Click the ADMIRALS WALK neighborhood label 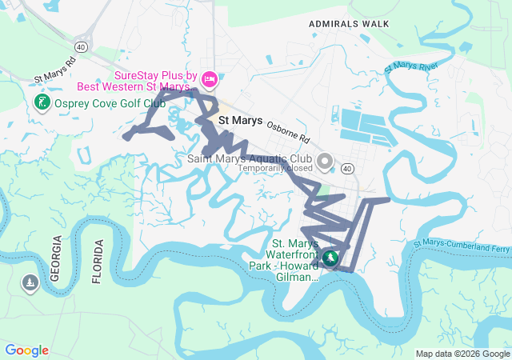click(349, 24)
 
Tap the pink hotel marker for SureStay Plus click(210, 78)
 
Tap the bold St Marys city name click(240, 121)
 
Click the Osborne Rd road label click(288, 131)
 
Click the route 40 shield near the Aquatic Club click(346, 169)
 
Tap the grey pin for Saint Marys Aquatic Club click(324, 162)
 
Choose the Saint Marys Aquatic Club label click(250, 158)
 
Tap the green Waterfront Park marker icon click(330, 258)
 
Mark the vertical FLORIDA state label click(98, 262)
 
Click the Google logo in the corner click(26, 350)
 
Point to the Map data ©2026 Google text click(462, 354)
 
